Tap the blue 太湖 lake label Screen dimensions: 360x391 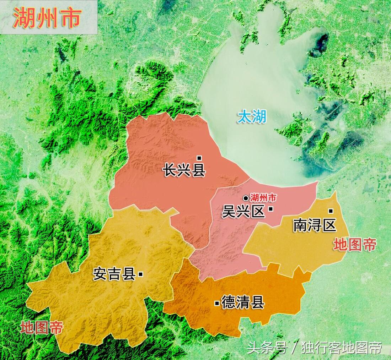(252, 116)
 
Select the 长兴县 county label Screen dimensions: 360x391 (184, 170)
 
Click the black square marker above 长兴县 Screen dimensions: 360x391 (199, 158)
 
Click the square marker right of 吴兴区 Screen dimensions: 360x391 (271, 209)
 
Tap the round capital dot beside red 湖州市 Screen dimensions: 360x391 (246, 198)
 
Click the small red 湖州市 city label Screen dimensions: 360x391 (263, 198)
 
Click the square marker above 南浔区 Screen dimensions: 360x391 (331, 211)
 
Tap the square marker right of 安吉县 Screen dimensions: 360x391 (141, 274)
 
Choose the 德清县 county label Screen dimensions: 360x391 (242, 302)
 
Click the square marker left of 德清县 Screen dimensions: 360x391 (217, 303)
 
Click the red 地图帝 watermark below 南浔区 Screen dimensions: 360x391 (355, 245)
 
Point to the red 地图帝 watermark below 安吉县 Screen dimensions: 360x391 (41, 327)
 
